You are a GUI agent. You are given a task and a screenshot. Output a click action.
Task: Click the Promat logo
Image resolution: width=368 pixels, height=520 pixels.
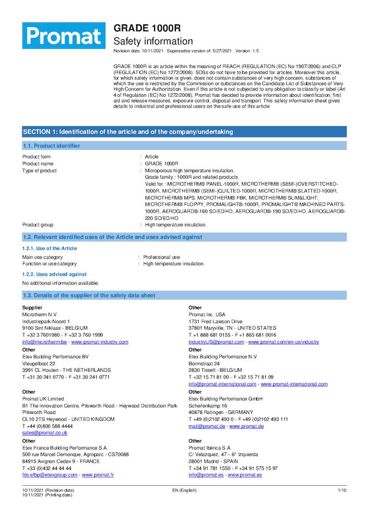click(x=64, y=35)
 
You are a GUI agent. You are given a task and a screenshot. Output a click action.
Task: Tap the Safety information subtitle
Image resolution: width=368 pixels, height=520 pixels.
click(x=153, y=41)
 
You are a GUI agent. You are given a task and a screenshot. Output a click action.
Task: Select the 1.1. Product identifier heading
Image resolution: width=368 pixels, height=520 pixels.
click(x=51, y=146)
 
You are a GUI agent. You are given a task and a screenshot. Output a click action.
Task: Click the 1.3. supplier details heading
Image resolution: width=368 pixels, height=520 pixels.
click(x=89, y=295)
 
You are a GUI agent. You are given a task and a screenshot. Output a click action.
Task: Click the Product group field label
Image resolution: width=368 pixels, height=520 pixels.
click(x=37, y=225)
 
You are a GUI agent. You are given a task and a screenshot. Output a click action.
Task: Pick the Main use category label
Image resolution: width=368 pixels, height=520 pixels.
click(x=42, y=257)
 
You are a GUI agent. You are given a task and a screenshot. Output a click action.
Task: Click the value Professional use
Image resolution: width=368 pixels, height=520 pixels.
click(x=161, y=257)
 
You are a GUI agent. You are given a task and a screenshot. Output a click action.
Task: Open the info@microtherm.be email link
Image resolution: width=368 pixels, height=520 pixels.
click(x=44, y=342)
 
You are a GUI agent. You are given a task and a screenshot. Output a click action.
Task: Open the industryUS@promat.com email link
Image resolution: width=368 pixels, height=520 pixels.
click(x=216, y=342)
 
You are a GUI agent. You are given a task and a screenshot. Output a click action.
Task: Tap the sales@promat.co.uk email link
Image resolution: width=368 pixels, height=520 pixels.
click(x=45, y=433)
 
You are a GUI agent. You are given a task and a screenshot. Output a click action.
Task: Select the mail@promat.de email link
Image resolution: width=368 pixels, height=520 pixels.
click(x=207, y=426)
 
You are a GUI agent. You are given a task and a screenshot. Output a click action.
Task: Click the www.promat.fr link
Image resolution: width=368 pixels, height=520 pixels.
click(x=98, y=475)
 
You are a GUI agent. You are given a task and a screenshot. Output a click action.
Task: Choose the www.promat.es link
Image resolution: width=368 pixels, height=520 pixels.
click(x=245, y=475)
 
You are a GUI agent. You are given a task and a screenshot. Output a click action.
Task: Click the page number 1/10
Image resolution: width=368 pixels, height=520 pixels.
click(x=342, y=490)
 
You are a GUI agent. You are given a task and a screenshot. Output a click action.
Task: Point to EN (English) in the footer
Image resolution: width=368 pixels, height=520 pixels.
click(x=184, y=490)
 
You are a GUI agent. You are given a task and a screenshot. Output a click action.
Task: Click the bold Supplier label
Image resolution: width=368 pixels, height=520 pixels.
click(x=32, y=308)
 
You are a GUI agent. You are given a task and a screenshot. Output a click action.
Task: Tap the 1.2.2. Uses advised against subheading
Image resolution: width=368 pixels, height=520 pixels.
click(x=54, y=274)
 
